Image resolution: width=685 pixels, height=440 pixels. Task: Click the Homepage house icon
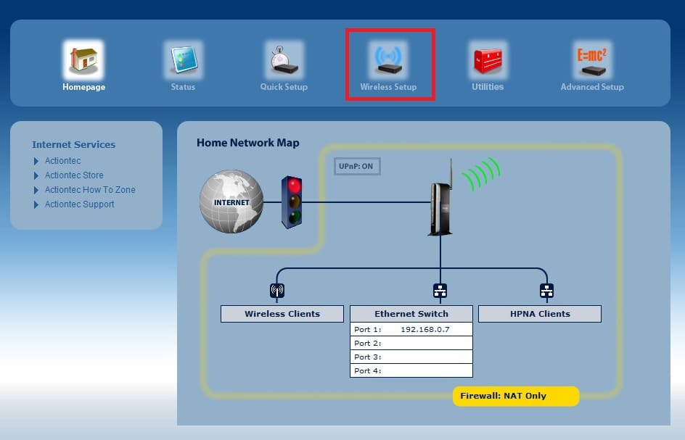click(x=83, y=59)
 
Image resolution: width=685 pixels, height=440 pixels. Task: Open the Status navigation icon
click(x=184, y=59)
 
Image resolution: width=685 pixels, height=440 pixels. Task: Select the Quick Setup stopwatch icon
click(x=284, y=59)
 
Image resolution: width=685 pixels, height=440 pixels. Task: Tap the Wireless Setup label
click(x=388, y=87)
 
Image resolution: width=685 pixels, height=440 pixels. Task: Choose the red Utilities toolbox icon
click(x=488, y=59)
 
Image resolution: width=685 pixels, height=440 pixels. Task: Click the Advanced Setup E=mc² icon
click(x=592, y=59)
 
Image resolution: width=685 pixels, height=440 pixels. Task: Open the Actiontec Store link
click(x=74, y=175)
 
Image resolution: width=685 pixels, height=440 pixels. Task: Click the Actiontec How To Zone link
click(x=90, y=189)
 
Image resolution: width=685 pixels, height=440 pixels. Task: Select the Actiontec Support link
click(x=80, y=204)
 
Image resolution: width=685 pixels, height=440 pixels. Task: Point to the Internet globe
click(x=231, y=202)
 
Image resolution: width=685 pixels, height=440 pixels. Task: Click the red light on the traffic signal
click(x=295, y=186)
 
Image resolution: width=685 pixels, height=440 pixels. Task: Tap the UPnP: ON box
click(x=357, y=166)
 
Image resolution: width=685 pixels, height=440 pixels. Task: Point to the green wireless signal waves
click(x=481, y=174)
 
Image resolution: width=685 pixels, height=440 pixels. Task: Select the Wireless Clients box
click(x=282, y=314)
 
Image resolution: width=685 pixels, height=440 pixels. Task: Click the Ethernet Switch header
click(x=411, y=314)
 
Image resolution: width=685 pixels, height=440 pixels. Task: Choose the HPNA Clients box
click(x=540, y=314)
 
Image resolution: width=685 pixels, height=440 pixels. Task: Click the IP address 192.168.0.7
click(x=425, y=330)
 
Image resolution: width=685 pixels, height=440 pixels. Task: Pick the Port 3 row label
click(x=368, y=357)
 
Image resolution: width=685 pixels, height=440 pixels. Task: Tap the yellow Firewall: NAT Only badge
click(x=516, y=396)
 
